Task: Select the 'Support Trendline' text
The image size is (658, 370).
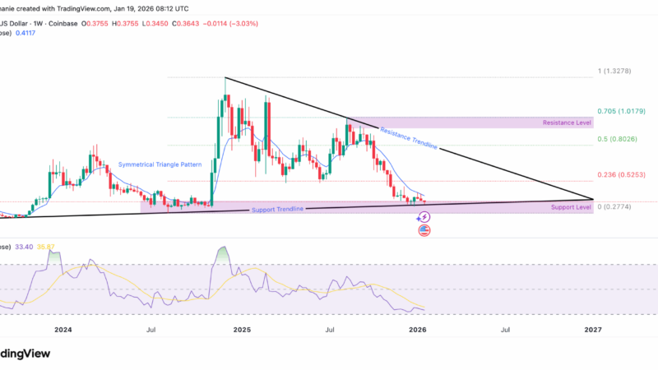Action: pyautogui.click(x=276, y=209)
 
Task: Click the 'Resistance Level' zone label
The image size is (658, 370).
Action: pyautogui.click(x=568, y=123)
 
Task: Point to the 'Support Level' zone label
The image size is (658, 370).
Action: pyautogui.click(x=572, y=207)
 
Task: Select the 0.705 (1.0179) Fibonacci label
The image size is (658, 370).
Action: pyautogui.click(x=623, y=110)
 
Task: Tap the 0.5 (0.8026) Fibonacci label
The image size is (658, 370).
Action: pyautogui.click(x=618, y=139)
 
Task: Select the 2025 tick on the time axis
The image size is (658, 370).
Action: pyautogui.click(x=242, y=330)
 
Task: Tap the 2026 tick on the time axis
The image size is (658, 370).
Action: pyautogui.click(x=417, y=330)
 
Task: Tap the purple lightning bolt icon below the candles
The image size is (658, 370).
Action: pyautogui.click(x=424, y=217)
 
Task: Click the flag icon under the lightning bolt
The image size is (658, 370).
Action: pyautogui.click(x=424, y=230)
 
